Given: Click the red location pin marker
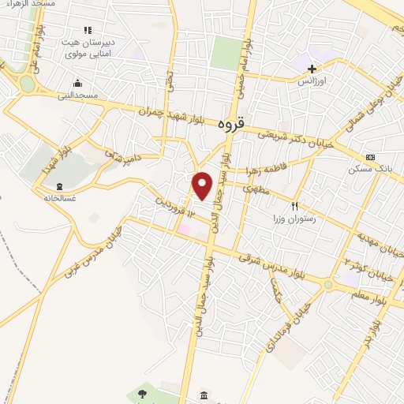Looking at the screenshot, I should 203,186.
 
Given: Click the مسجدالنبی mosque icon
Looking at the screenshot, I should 77,83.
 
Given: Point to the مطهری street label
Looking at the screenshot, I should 259,190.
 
